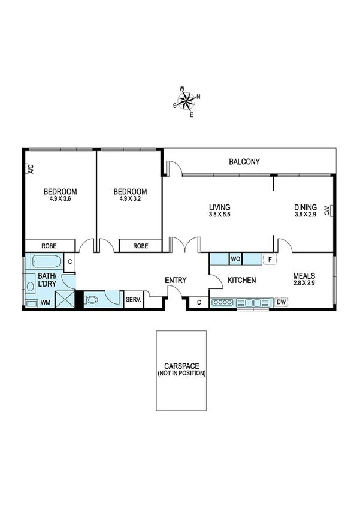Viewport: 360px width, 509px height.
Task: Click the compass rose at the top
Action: click(187, 100)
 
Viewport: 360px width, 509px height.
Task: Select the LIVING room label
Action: click(220, 207)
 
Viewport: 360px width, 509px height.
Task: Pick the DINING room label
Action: click(305, 207)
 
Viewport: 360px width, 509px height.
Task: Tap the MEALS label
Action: click(304, 277)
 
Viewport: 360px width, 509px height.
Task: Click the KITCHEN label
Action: click(242, 280)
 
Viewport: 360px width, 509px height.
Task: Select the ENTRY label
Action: click(176, 280)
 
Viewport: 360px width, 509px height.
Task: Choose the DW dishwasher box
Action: click(282, 303)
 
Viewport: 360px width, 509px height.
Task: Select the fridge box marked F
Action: click(270, 260)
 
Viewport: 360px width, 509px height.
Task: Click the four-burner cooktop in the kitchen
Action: click(223, 303)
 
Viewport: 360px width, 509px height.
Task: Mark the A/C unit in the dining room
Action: click(328, 210)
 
